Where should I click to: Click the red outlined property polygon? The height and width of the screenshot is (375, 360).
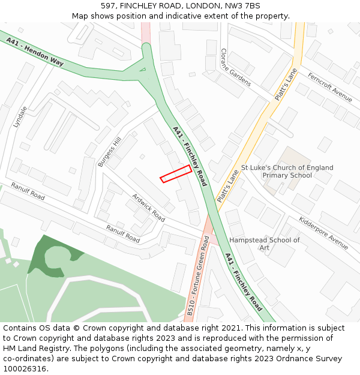[x=176, y=173]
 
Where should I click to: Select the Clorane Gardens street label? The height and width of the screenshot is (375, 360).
[x=235, y=67]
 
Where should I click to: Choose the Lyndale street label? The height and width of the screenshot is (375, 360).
[x=20, y=117]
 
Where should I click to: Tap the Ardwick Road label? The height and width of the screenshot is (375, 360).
[x=148, y=206]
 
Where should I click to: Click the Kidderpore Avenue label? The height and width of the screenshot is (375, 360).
[x=323, y=232]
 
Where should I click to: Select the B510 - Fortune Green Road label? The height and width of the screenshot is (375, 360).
[x=198, y=275]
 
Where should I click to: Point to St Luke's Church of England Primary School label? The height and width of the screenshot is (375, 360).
[x=287, y=172]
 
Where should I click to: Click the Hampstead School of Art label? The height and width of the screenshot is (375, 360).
[x=265, y=244]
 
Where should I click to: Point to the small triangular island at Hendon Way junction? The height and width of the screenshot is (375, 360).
[x=142, y=70]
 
